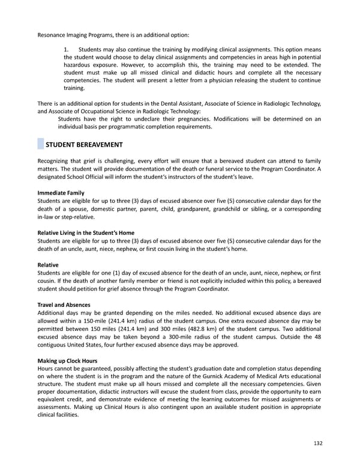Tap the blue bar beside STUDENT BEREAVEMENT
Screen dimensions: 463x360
click(40, 145)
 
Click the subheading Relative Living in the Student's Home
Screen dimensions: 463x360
click(86, 233)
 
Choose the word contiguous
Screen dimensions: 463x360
click(55, 345)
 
